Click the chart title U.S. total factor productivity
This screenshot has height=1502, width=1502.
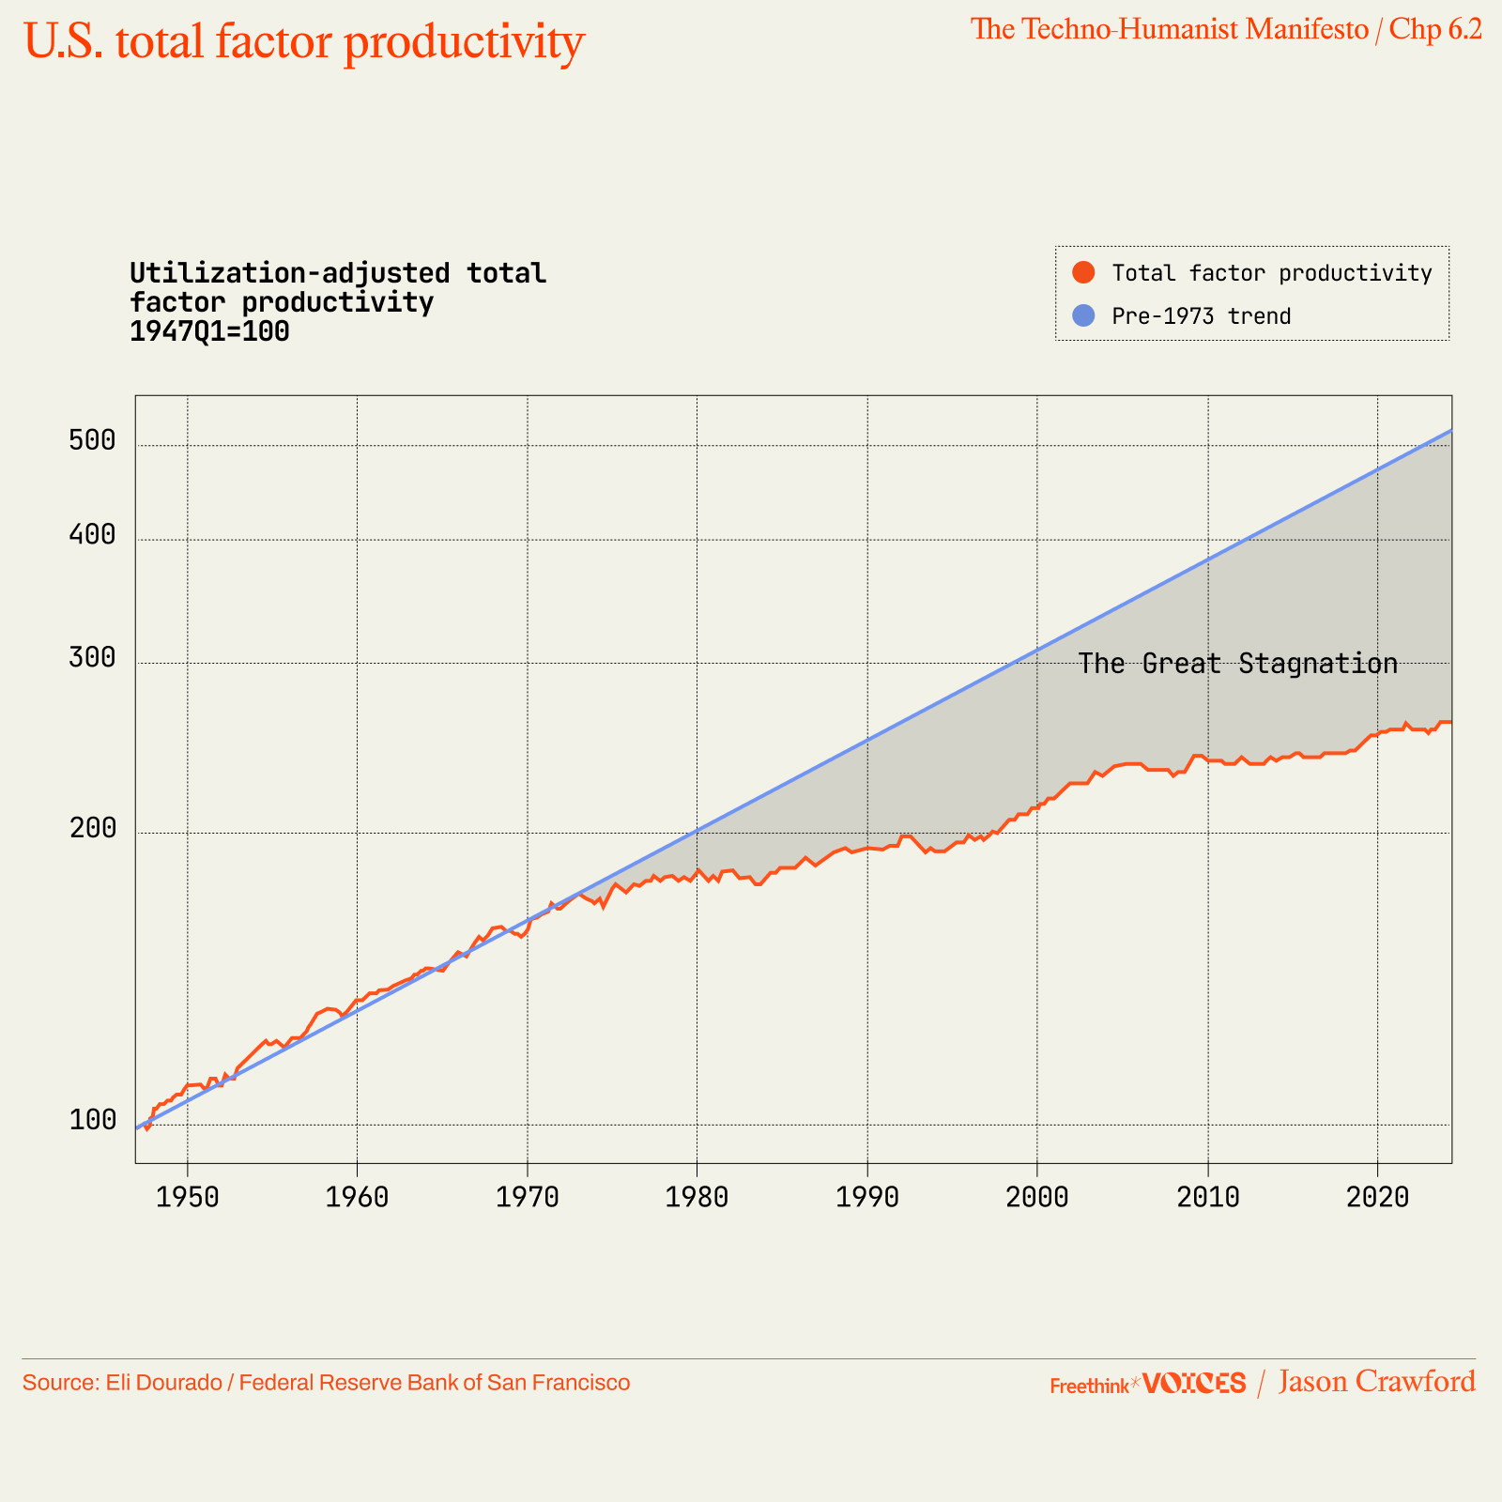click(x=303, y=41)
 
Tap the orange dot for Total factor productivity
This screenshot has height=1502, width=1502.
click(x=1083, y=272)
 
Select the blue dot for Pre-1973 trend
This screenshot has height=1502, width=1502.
click(x=1083, y=315)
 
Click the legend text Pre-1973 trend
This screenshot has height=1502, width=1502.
click(x=1201, y=316)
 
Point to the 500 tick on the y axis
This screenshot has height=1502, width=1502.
click(x=92, y=440)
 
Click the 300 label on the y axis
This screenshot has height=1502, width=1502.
click(x=92, y=658)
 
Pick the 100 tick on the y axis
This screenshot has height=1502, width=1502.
click(x=92, y=1120)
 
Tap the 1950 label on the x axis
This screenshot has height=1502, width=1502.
click(x=188, y=1197)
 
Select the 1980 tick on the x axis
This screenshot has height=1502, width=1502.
click(x=697, y=1197)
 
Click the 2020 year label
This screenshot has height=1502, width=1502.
click(x=1377, y=1197)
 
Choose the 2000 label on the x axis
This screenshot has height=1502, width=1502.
click(x=1036, y=1197)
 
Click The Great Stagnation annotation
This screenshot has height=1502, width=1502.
click(x=1237, y=664)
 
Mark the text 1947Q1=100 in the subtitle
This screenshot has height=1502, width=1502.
click(x=209, y=331)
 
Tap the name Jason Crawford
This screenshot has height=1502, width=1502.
click(x=1376, y=1382)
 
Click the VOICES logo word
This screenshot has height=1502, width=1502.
click(x=1194, y=1383)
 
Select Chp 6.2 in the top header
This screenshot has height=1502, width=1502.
click(x=1435, y=29)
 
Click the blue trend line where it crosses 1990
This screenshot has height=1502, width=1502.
click(x=866, y=741)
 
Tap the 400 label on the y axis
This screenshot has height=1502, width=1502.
click(x=92, y=534)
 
